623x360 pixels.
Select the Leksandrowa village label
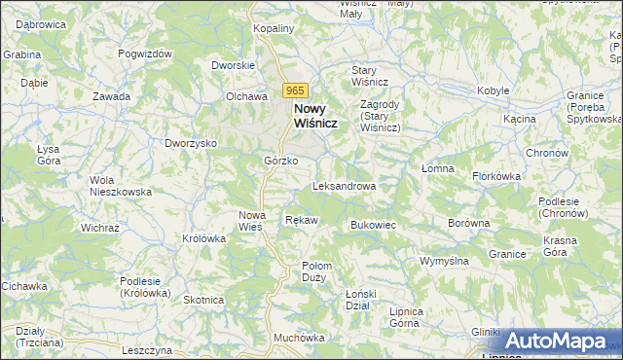click(x=345, y=185)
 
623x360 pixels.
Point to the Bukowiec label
click(x=372, y=225)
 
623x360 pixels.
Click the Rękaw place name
click(x=302, y=221)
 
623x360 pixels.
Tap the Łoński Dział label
click(x=361, y=300)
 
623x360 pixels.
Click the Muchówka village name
click(x=299, y=338)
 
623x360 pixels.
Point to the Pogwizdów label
click(x=145, y=54)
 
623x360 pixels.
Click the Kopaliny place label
click(x=274, y=29)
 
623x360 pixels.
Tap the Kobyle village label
click(x=494, y=90)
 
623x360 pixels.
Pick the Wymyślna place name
click(x=445, y=261)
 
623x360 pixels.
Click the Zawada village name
click(x=112, y=96)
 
